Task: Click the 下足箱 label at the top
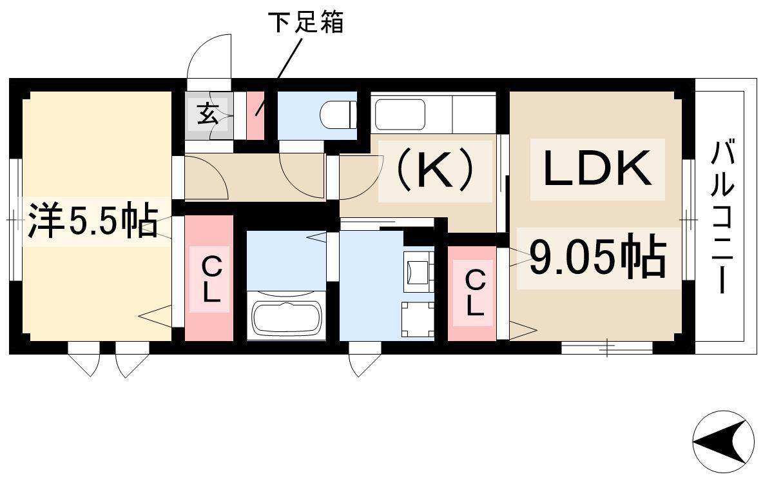point(306,22)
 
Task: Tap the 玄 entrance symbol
point(208,116)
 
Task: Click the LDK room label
point(597,169)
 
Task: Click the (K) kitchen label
point(435,169)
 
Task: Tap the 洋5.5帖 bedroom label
point(92,222)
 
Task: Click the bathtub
point(287,319)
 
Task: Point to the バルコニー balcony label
point(722,217)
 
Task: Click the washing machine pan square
point(418,319)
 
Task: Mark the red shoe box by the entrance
point(256,115)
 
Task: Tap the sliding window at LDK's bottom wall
point(607,348)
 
